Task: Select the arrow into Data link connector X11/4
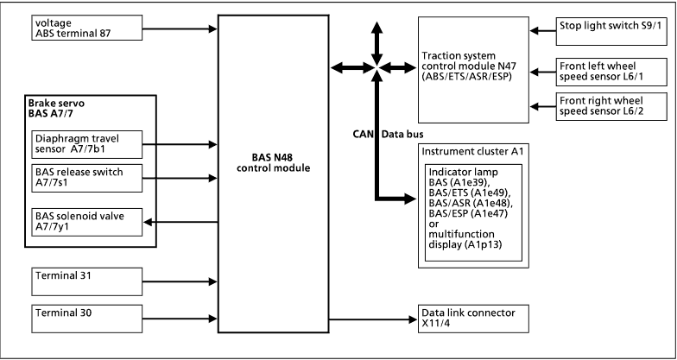(371, 319)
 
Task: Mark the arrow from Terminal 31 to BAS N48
(187, 281)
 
